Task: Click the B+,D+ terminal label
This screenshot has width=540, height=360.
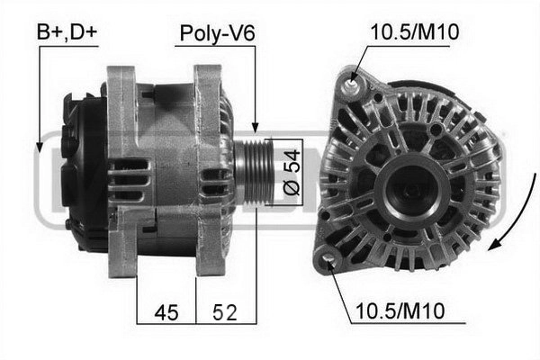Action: pyautogui.click(x=67, y=31)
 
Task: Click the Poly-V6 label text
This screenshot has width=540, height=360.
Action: pyautogui.click(x=217, y=33)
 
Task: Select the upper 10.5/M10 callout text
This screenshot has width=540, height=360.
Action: pyautogui.click(x=415, y=32)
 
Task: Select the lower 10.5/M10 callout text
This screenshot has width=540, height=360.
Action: pyautogui.click(x=400, y=310)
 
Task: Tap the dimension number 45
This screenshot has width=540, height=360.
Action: pyautogui.click(x=166, y=312)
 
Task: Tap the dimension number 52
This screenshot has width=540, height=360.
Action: pyautogui.click(x=224, y=312)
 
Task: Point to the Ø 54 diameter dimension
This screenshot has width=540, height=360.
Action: pyautogui.click(x=292, y=172)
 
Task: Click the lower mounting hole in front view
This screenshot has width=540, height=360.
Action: pyautogui.click(x=328, y=258)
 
